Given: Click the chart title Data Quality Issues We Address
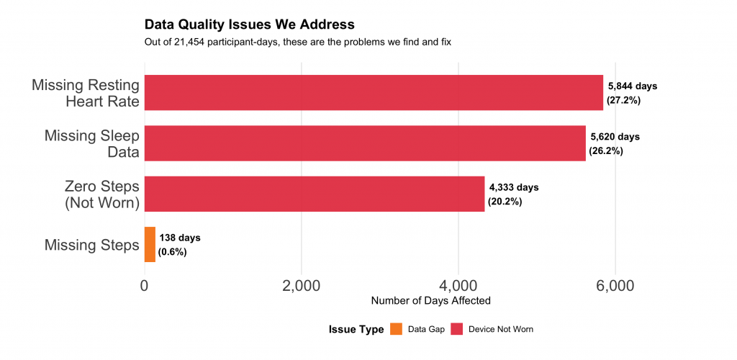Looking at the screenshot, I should [249, 26].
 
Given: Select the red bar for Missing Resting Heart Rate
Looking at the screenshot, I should [374, 93].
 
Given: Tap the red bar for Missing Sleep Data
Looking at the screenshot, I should [365, 143].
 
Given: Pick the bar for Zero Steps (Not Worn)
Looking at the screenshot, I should [315, 194].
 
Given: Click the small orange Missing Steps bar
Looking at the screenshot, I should [150, 244].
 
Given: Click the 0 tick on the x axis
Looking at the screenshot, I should [145, 286].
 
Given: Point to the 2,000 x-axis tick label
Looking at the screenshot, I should [302, 286].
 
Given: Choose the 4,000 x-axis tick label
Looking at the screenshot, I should [458, 286].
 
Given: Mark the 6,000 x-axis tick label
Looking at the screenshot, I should [615, 286].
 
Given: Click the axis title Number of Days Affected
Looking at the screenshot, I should [430, 300].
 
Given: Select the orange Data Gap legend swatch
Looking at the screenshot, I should [396, 329].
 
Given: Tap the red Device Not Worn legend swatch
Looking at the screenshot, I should [456, 329].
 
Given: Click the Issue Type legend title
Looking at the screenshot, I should [356, 329].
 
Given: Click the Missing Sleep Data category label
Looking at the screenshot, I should [91, 143].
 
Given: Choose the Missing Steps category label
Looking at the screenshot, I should [91, 245].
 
